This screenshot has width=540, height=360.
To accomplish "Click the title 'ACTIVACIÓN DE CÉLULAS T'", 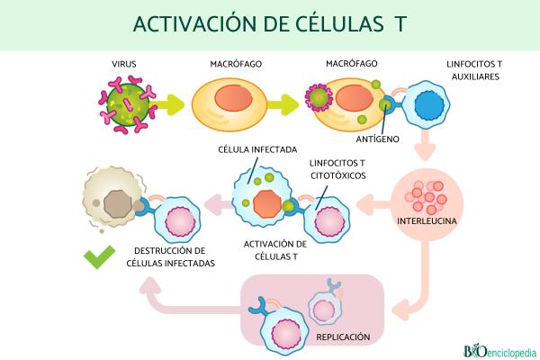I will click(x=269, y=24).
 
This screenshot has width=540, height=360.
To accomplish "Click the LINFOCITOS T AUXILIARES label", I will click(x=472, y=71).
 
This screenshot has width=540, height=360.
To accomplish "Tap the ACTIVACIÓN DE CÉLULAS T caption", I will click(x=276, y=249).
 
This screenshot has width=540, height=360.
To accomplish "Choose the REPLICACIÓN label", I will click(x=342, y=337).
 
